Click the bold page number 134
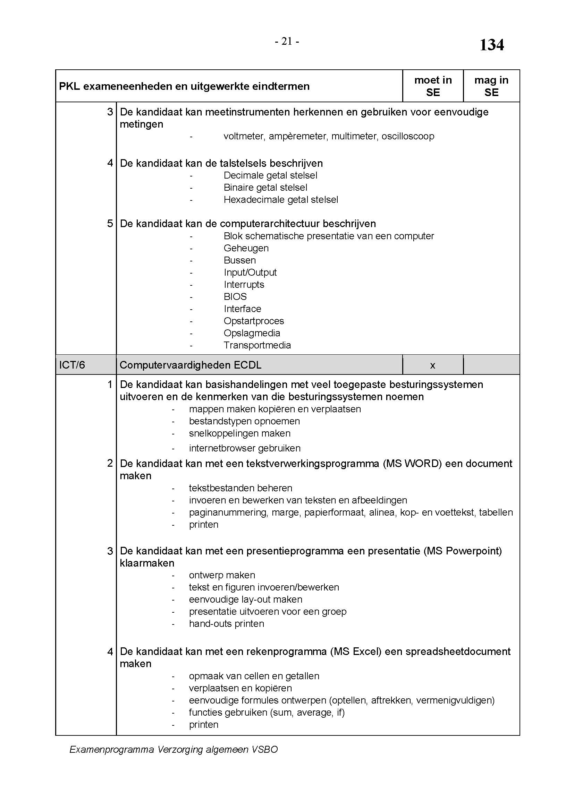click(491, 45)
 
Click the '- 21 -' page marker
click(287, 42)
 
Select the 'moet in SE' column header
click(433, 86)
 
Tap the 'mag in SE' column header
click(491, 86)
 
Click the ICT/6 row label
click(72, 365)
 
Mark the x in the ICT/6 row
click(432, 365)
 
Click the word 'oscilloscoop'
click(408, 136)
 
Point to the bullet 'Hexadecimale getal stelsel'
click(281, 200)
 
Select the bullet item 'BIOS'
click(235, 297)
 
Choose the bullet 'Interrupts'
click(244, 285)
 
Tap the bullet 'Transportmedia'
click(257, 345)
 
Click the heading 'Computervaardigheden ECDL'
click(191, 365)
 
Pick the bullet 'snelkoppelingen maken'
click(240, 433)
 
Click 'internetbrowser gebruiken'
click(245, 449)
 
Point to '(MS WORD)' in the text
click(412, 464)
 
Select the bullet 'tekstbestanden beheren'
click(240, 488)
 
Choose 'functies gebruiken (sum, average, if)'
click(267, 713)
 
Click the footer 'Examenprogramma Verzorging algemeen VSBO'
click(174, 750)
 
